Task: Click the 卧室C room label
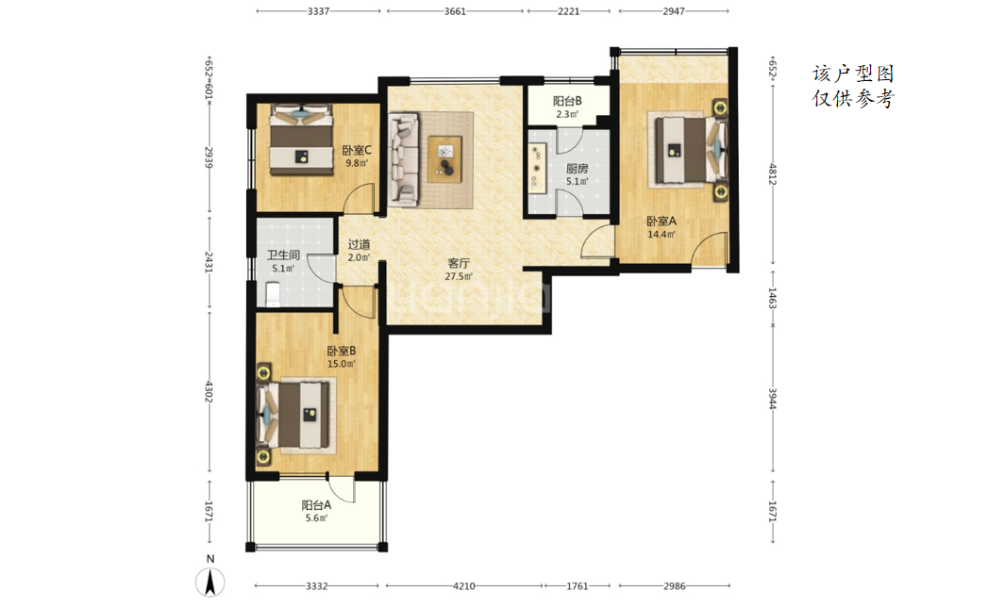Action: (x=357, y=151)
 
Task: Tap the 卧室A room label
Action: (x=661, y=222)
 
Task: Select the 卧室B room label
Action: (x=341, y=351)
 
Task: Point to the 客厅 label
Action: (x=459, y=263)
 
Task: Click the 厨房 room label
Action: (x=577, y=169)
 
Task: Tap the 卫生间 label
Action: (x=283, y=255)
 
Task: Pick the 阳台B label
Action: (x=567, y=101)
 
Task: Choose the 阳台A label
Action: (x=316, y=505)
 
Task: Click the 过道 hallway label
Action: (x=359, y=244)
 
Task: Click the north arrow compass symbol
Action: (x=209, y=582)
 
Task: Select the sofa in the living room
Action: (x=404, y=160)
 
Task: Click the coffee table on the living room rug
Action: (x=445, y=159)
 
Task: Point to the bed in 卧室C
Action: (x=301, y=140)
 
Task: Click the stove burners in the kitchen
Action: (x=536, y=169)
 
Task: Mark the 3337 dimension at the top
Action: (x=318, y=11)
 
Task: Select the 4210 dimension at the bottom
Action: (x=464, y=585)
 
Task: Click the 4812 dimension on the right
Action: (x=773, y=173)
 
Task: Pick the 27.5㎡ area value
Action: (x=459, y=276)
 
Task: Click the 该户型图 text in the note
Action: (x=853, y=74)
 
